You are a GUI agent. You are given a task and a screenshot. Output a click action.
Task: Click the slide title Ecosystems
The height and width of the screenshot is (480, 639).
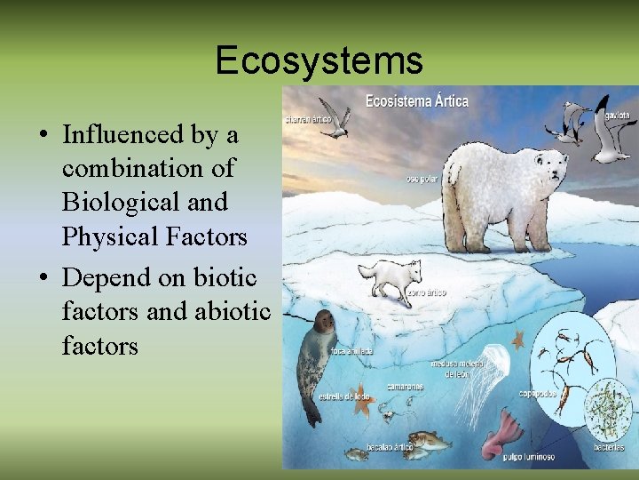click(319, 60)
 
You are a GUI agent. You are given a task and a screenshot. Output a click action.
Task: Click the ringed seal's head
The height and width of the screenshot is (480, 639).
click(322, 323)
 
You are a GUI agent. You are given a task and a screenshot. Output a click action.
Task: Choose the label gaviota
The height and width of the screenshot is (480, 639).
click(618, 115)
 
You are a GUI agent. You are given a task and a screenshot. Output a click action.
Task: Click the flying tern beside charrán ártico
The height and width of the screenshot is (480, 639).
click(334, 124)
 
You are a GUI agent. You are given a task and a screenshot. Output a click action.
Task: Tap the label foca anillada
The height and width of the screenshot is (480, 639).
click(351, 351)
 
